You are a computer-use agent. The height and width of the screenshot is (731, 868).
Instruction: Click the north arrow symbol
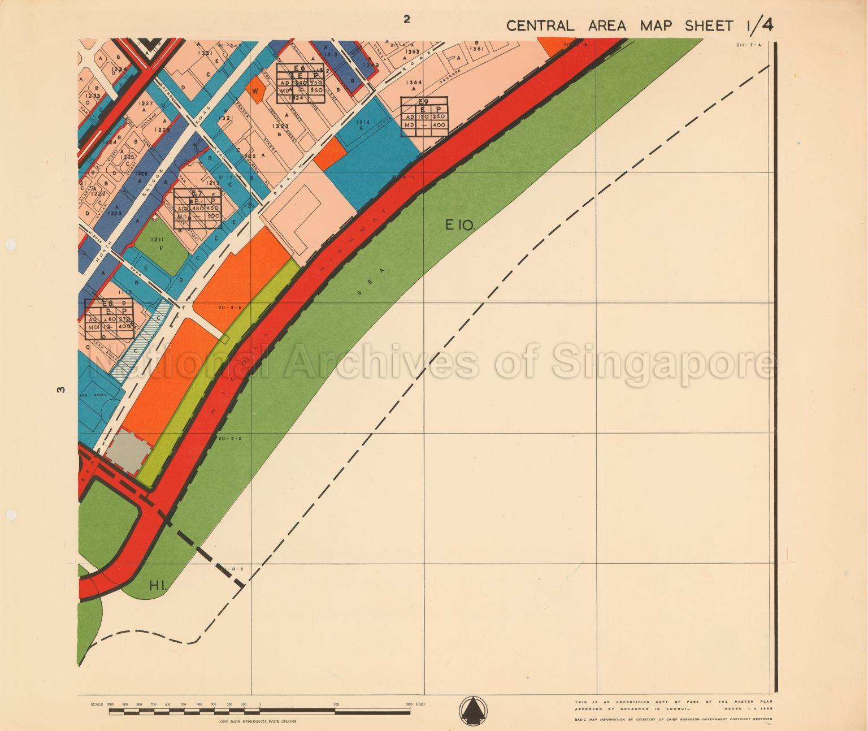pos(472,711)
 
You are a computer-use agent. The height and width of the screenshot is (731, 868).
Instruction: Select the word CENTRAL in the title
pos(540,26)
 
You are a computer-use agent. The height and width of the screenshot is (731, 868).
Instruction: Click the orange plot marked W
pos(255,90)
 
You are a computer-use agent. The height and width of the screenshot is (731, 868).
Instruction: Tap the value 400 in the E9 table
pos(436,124)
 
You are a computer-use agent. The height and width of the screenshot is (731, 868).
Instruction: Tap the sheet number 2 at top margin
pos(406,19)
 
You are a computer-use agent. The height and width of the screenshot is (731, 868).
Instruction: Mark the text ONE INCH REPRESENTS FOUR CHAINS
pos(259,721)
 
